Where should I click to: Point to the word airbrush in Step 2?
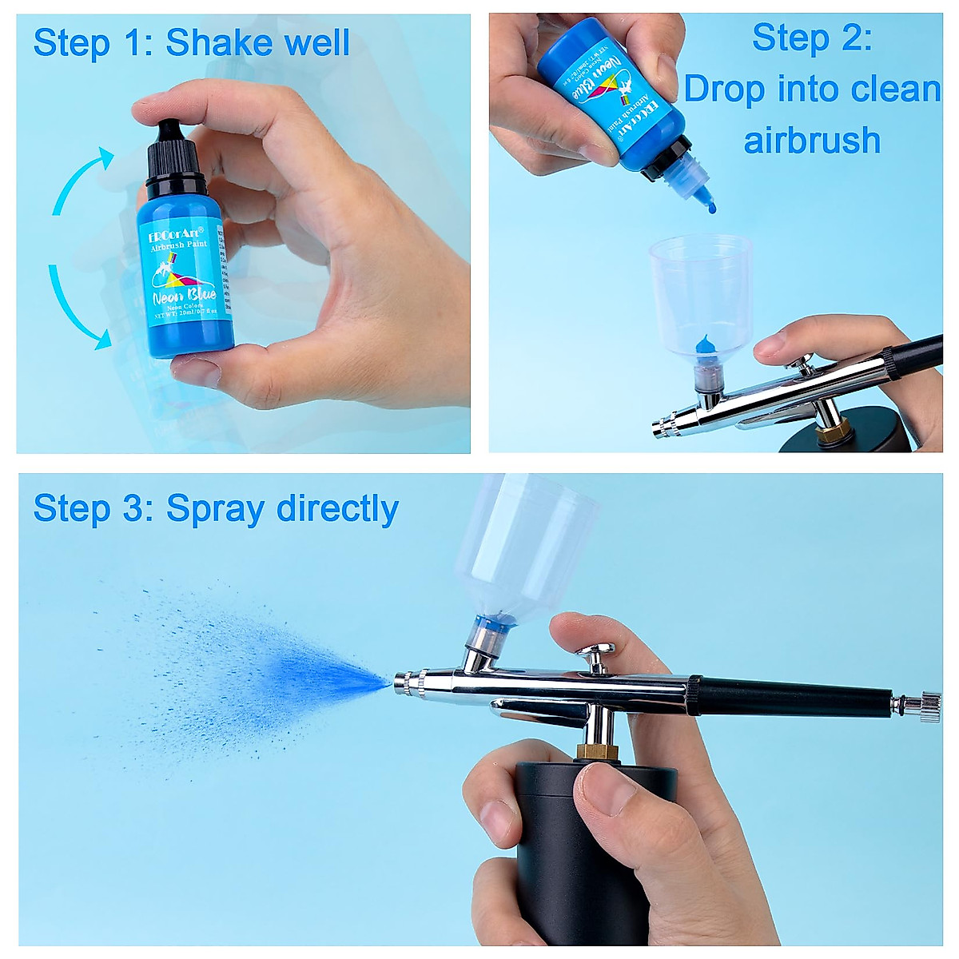pyautogui.click(x=811, y=141)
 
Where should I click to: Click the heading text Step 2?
pyautogui.click(x=811, y=38)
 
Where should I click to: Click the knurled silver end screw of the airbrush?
pyautogui.click(x=929, y=706)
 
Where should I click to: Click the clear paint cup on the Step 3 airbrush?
pyautogui.click(x=527, y=543)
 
